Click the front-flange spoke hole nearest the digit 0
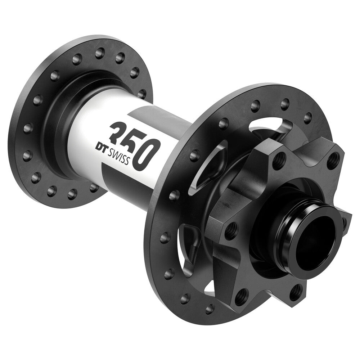tap(194, 155)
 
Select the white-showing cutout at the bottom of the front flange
tap(211, 286)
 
